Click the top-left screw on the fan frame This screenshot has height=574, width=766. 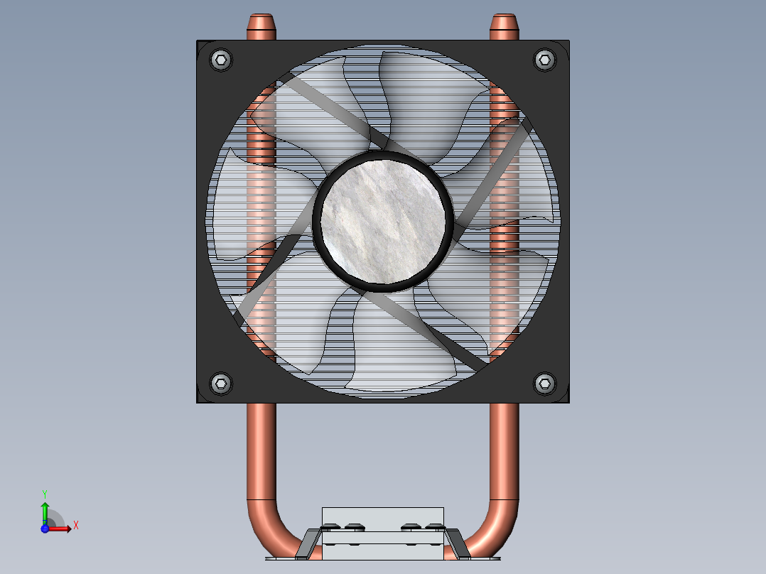(221, 60)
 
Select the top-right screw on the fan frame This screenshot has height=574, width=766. (544, 60)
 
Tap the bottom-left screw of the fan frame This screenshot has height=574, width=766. (221, 384)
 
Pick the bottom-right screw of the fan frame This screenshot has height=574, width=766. (544, 384)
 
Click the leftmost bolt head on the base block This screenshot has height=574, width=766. (331, 527)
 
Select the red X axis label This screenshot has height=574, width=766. (76, 526)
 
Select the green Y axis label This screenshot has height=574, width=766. (44, 493)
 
